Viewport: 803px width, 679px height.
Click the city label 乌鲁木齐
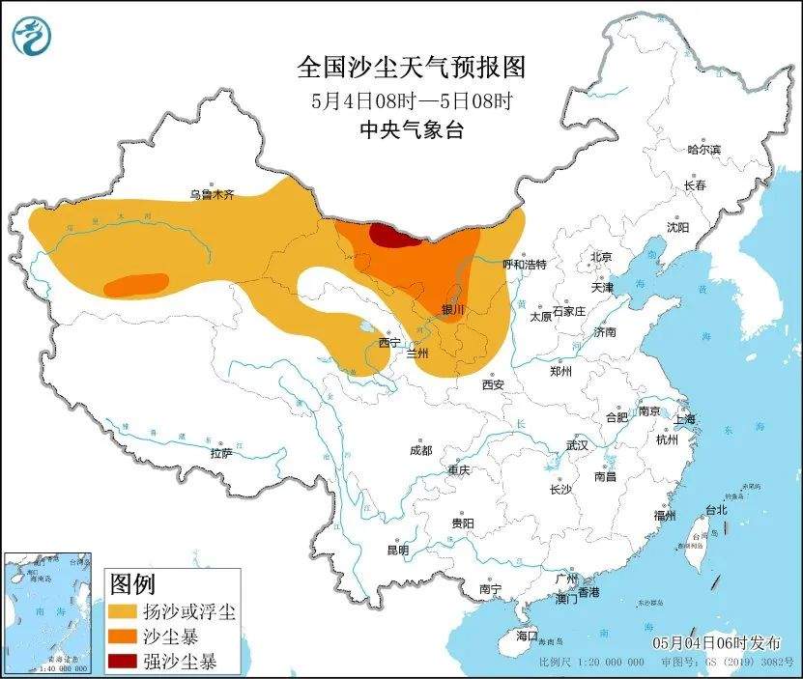[x=212, y=195]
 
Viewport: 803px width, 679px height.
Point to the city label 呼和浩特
[x=525, y=264]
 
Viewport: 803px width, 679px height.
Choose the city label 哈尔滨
[x=703, y=150]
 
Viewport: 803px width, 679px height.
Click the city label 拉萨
[x=221, y=453]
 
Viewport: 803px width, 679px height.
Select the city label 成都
[x=420, y=450]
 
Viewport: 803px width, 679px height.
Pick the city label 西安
[x=493, y=384]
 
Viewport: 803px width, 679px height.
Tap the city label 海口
[x=526, y=636]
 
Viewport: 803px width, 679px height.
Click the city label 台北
[x=715, y=509]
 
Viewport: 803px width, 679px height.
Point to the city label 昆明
[x=397, y=550]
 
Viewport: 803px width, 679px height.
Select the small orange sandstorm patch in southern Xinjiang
[x=135, y=284]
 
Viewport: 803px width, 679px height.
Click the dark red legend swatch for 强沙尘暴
[x=122, y=662]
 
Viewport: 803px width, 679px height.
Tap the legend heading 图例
[x=132, y=584]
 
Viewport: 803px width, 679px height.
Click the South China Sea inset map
[x=48, y=612]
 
